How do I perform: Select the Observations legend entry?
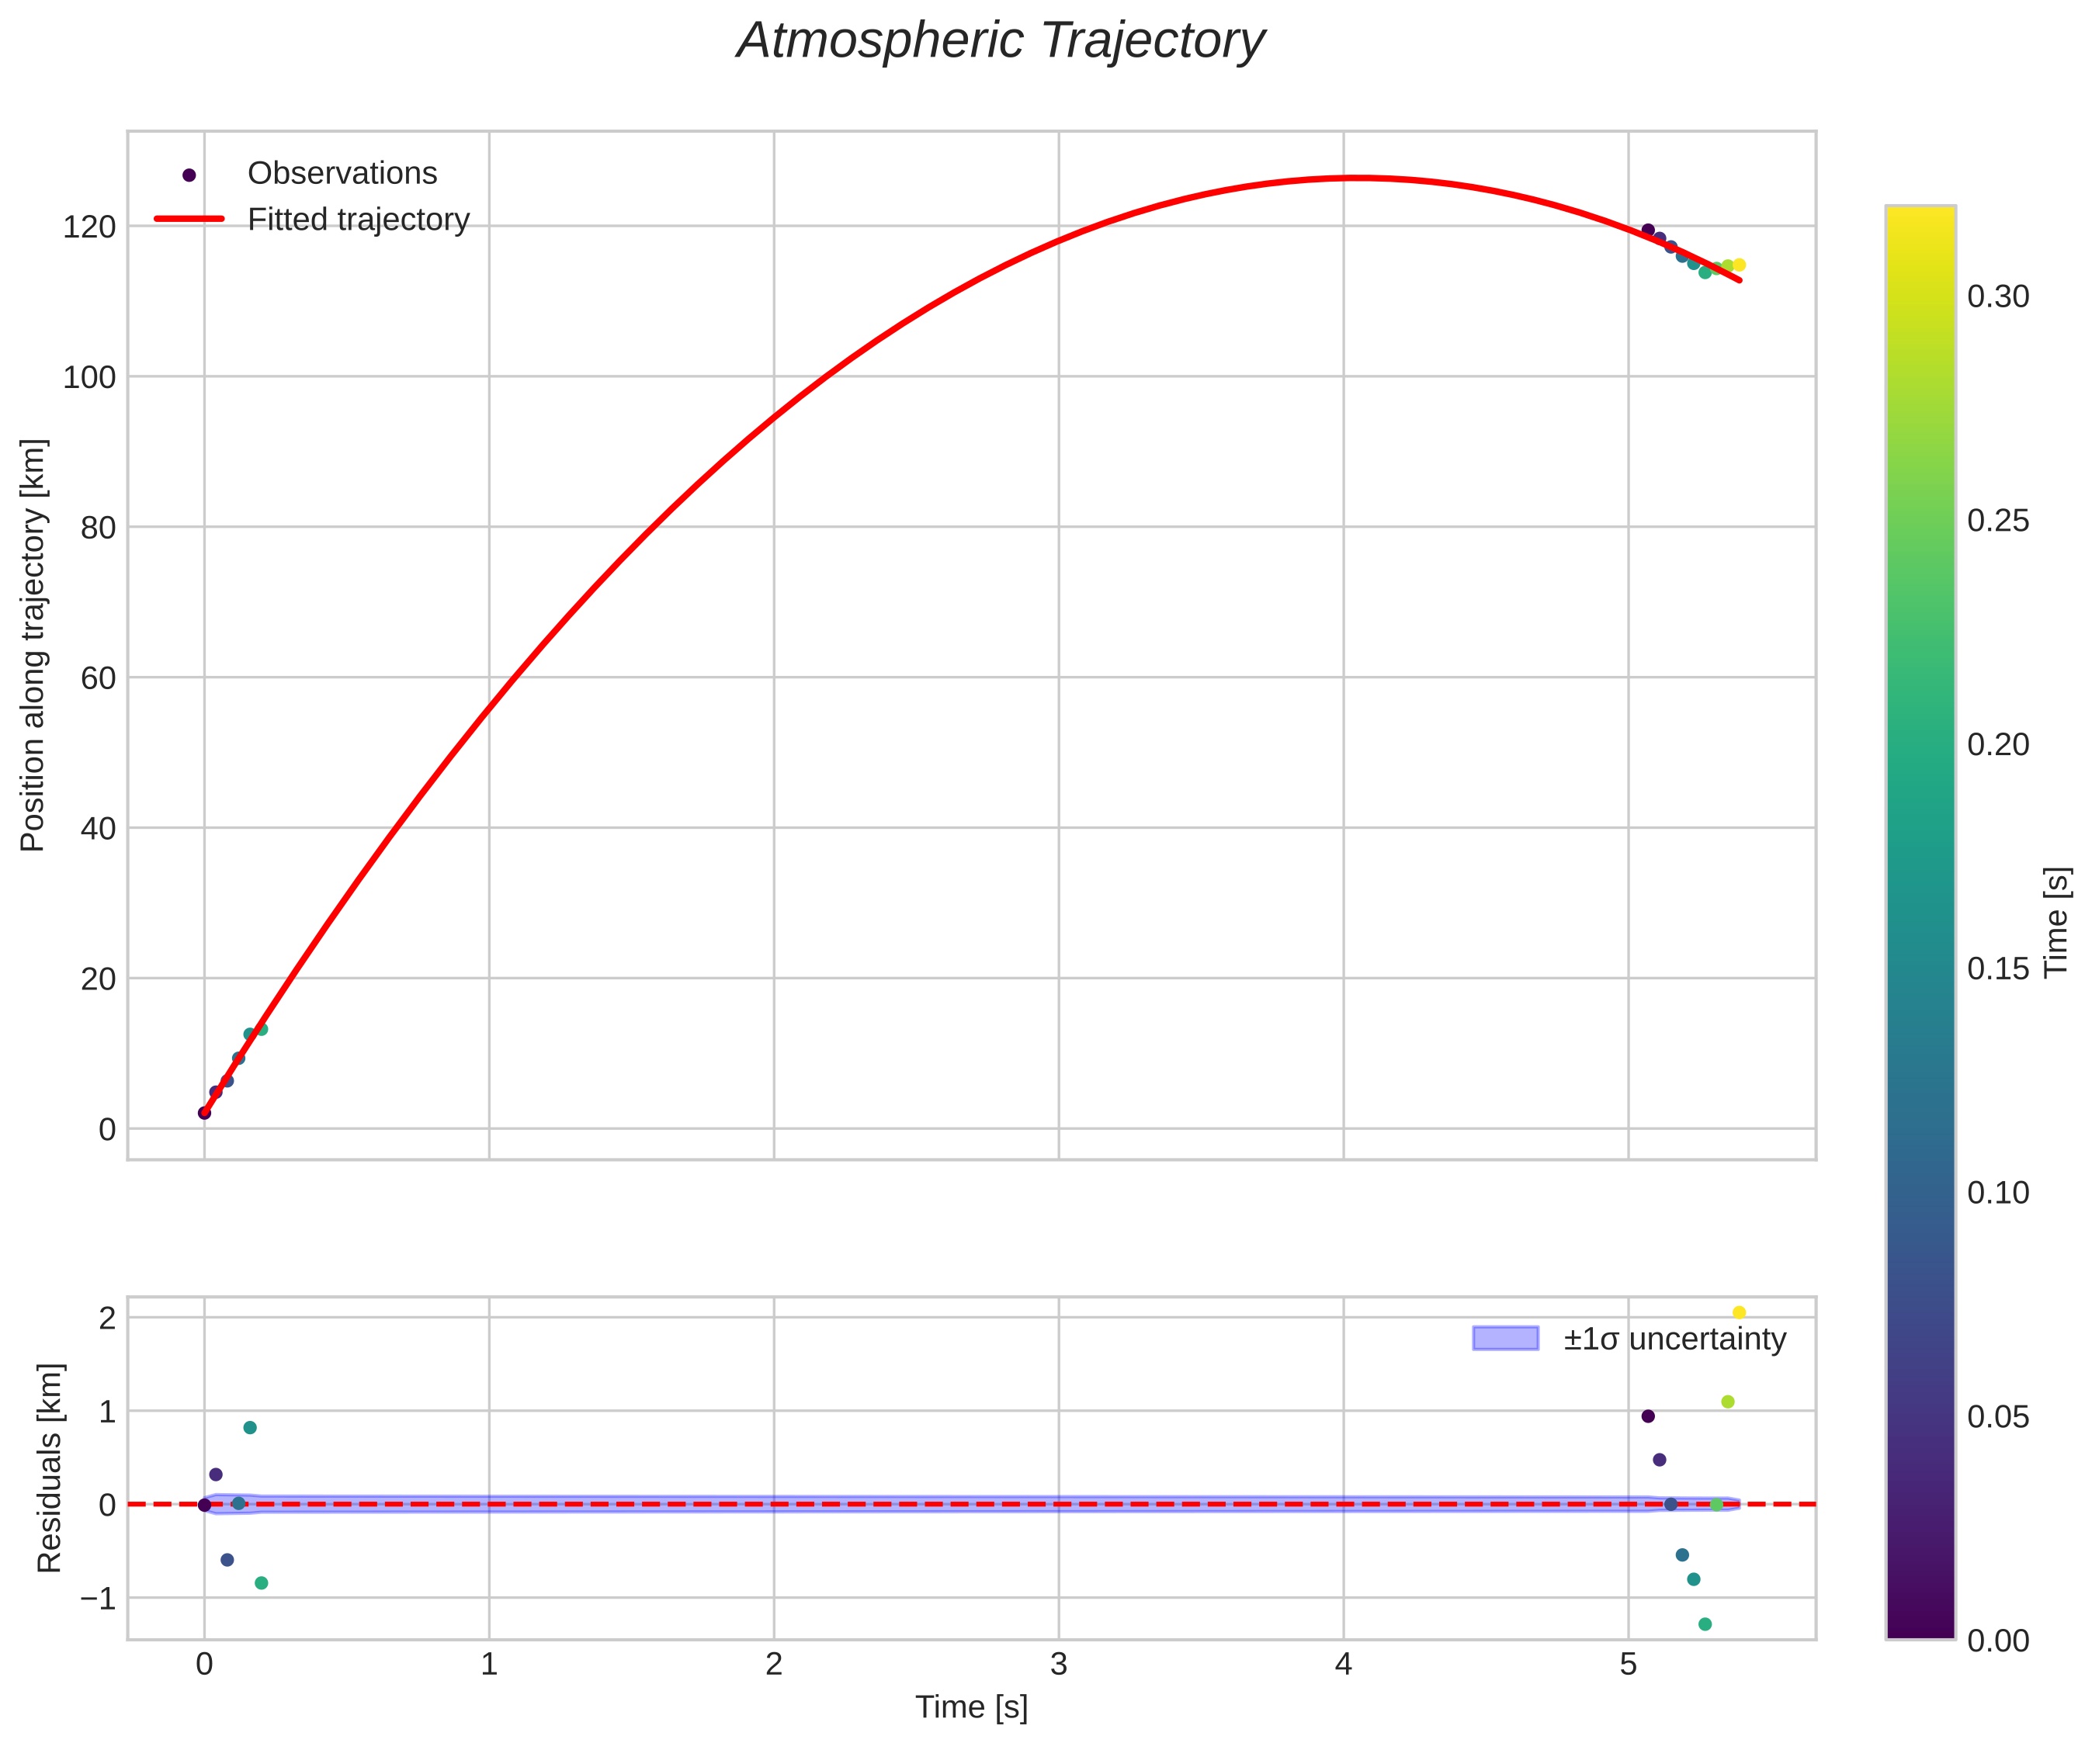tap(342, 173)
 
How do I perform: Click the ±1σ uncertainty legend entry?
tap(1674, 1339)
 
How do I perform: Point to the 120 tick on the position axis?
tap(90, 227)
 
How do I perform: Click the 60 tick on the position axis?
tap(98, 678)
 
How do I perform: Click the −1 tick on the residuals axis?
tap(98, 1599)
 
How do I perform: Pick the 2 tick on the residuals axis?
tap(108, 1319)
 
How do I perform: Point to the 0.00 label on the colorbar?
tap(1997, 1641)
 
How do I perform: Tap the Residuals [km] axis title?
tap(49, 1468)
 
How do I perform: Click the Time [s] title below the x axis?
tap(971, 1707)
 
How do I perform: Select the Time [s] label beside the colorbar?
tap(2056, 922)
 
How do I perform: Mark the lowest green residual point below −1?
tap(1705, 1624)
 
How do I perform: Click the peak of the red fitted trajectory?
tap(1360, 178)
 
